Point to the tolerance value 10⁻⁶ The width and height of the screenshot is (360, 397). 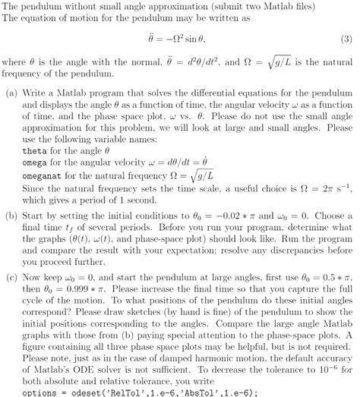point(329,370)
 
